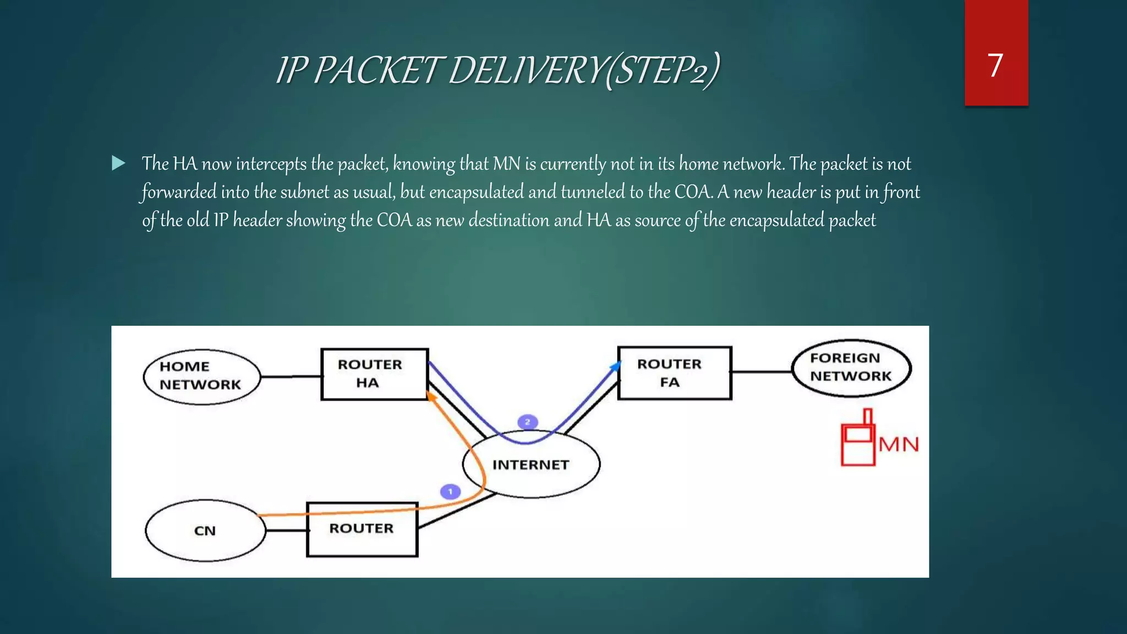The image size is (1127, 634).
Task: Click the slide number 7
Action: pyautogui.click(x=995, y=65)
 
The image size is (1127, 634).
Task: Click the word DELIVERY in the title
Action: pyautogui.click(x=526, y=71)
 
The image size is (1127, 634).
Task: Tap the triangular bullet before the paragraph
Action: pyautogui.click(x=118, y=163)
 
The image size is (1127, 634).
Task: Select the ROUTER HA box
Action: pyautogui.click(x=374, y=374)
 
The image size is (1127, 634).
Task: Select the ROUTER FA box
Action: pyautogui.click(x=674, y=373)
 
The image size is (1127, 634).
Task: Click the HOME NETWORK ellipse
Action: pyautogui.click(x=201, y=376)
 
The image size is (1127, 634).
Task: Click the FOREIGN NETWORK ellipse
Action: pyautogui.click(x=851, y=368)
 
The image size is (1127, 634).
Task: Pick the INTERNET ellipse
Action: pyautogui.click(x=531, y=465)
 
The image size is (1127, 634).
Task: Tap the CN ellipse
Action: pyautogui.click(x=205, y=531)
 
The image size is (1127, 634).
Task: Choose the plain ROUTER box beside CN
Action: pyautogui.click(x=362, y=529)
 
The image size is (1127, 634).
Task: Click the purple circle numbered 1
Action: pyautogui.click(x=450, y=491)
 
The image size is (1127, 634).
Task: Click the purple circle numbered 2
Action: pyautogui.click(x=527, y=422)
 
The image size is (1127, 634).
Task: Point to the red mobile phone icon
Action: pyautogui.click(x=857, y=440)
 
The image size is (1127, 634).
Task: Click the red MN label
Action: pyautogui.click(x=899, y=445)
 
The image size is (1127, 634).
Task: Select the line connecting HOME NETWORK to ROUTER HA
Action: pyautogui.click(x=291, y=376)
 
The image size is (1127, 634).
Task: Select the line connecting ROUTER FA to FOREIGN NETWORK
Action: pyautogui.click(x=762, y=371)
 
